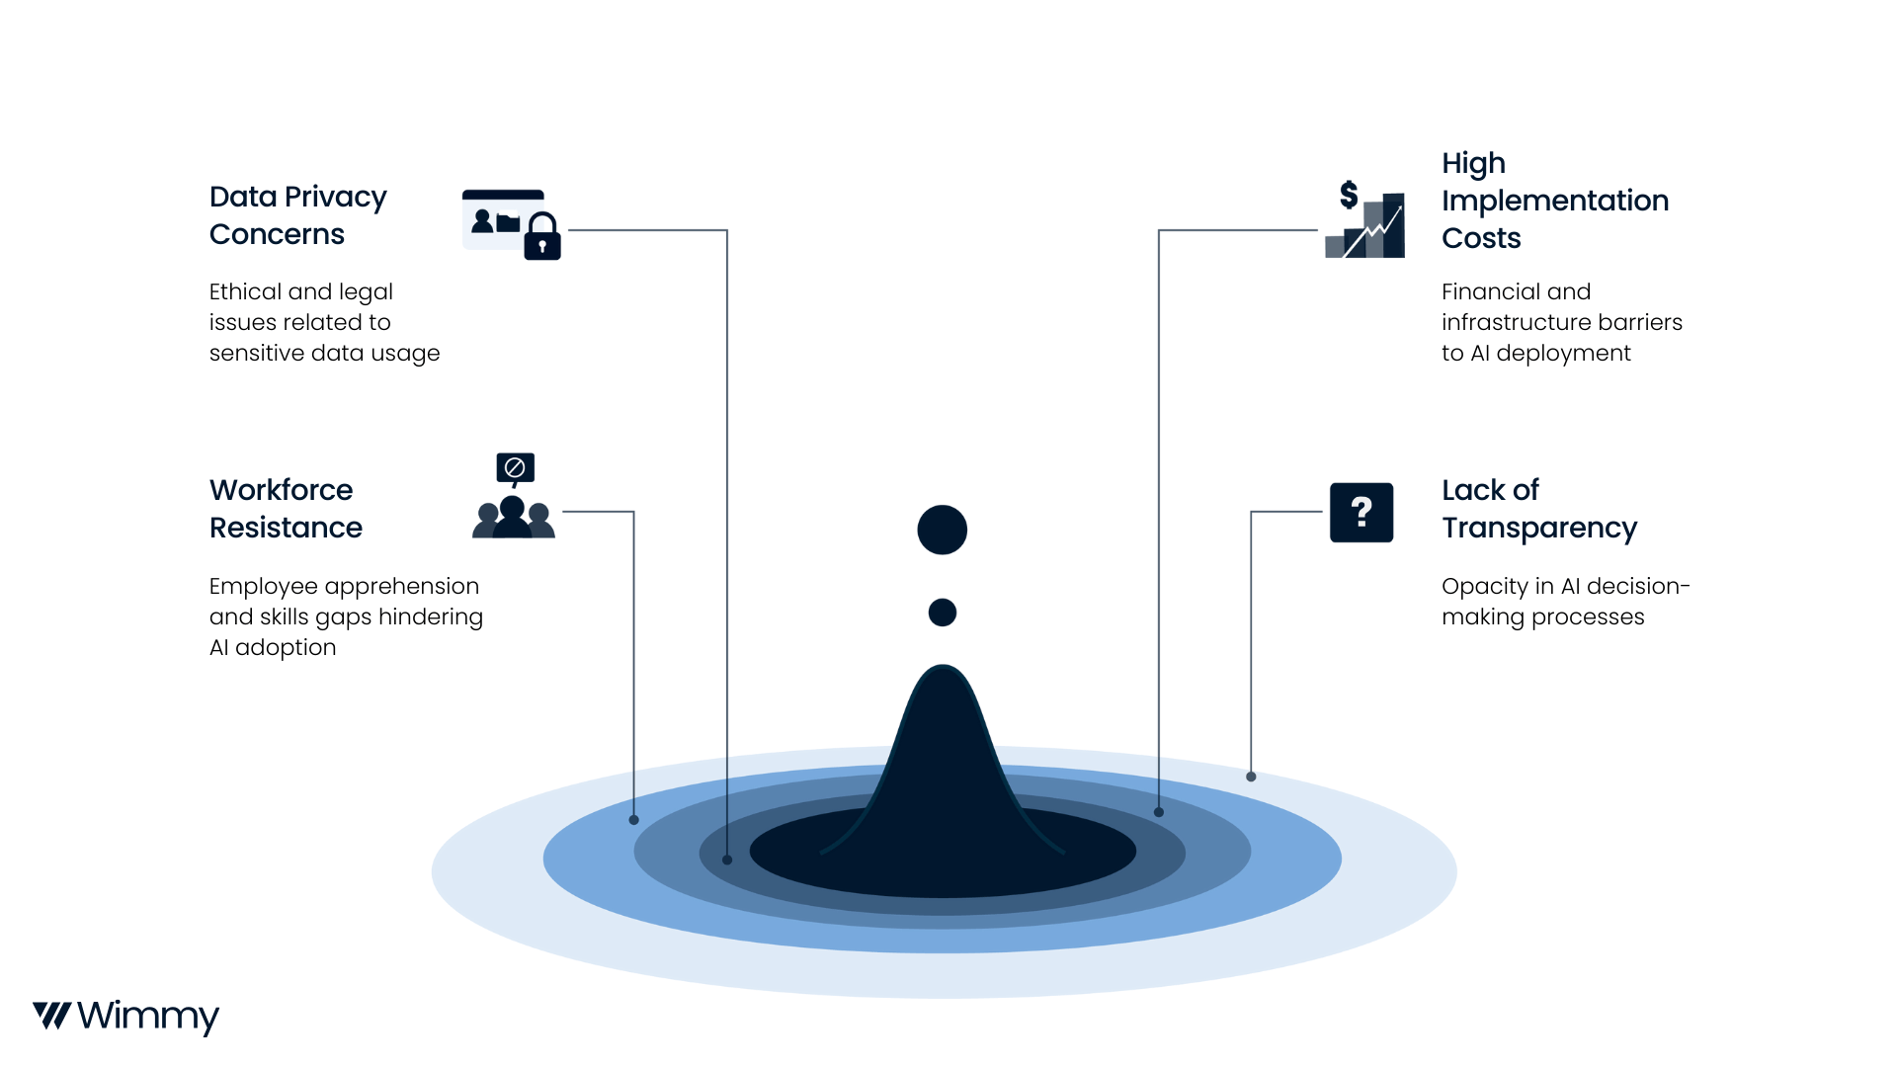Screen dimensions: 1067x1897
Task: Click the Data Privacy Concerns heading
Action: click(x=297, y=215)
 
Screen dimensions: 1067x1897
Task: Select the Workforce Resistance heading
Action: click(x=286, y=509)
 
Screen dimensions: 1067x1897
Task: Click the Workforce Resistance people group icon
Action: click(x=514, y=517)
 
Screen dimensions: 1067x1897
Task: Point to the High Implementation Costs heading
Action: click(x=1554, y=201)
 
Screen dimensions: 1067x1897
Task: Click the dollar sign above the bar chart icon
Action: click(x=1349, y=195)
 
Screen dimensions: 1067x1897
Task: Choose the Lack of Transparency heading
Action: click(x=1538, y=509)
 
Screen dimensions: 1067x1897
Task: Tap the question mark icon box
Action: click(x=1361, y=512)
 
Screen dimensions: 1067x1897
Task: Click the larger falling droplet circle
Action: click(x=942, y=530)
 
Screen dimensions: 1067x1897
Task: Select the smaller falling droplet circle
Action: click(x=943, y=613)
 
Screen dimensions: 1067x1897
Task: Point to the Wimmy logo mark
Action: click(x=51, y=1016)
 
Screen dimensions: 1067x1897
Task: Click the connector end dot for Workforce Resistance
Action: click(x=634, y=820)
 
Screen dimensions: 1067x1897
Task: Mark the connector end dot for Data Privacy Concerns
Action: click(x=727, y=860)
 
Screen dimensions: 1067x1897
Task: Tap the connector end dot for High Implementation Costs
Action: click(x=1159, y=812)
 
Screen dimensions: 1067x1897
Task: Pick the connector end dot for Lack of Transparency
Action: click(x=1251, y=777)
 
